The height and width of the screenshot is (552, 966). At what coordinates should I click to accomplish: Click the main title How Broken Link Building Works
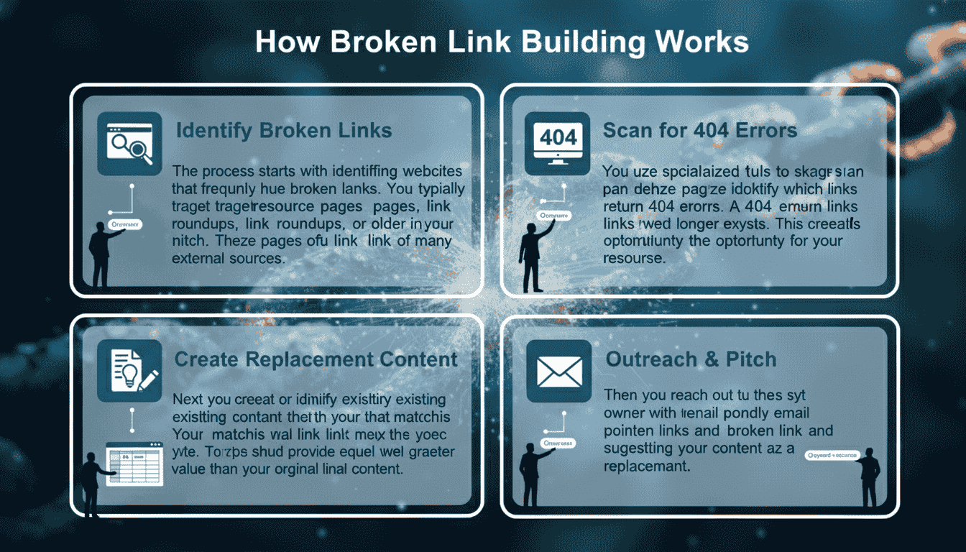(x=502, y=43)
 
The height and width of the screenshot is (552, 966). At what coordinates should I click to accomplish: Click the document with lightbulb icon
(x=130, y=369)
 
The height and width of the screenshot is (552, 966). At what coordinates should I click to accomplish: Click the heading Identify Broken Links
(x=284, y=130)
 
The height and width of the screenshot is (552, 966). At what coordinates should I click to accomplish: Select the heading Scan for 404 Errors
(x=700, y=130)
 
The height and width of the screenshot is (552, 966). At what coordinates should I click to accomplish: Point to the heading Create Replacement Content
(x=316, y=359)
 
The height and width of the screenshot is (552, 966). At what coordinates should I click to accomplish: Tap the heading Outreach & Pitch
(x=691, y=359)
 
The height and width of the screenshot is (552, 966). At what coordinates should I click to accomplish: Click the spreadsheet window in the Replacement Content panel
(x=134, y=463)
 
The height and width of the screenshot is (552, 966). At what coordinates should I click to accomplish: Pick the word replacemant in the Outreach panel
(x=646, y=466)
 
